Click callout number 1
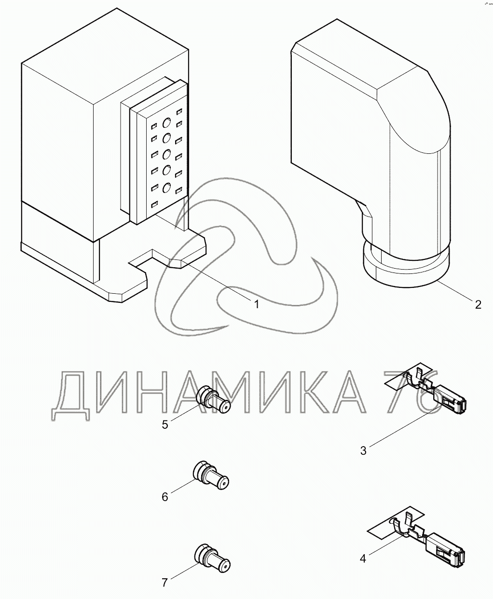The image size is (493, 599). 257,304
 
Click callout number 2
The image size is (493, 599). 478,304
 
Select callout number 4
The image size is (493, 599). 363,558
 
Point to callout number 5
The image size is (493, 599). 165,424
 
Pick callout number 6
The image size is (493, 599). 165,497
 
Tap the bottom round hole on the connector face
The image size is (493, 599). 167,188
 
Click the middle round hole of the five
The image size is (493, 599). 167,155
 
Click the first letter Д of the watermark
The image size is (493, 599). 71,395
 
